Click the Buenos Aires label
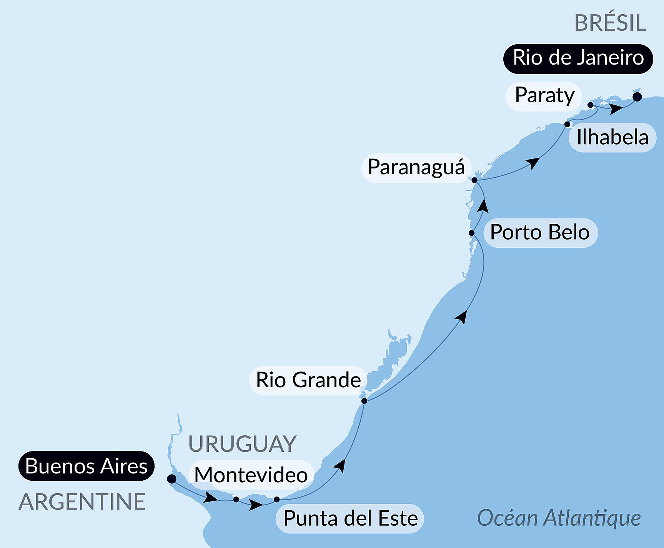tap(86, 466)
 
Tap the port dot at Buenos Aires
tap(172, 479)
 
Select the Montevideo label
tap(251, 475)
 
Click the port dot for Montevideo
tap(236, 500)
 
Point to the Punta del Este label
tap(350, 518)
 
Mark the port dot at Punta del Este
tap(277, 500)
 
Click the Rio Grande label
tap(308, 380)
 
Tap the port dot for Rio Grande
tap(364, 401)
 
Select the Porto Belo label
tap(540, 232)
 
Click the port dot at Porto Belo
tap(471, 233)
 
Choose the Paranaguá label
tap(416, 167)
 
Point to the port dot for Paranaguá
tap(474, 180)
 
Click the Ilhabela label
tap(612, 137)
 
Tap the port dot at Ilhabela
tap(567, 124)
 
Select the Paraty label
tap(544, 95)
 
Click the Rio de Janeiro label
tap(578, 58)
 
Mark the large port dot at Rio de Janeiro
tap(637, 97)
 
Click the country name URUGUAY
tap(242, 444)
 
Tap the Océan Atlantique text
tap(559, 518)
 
